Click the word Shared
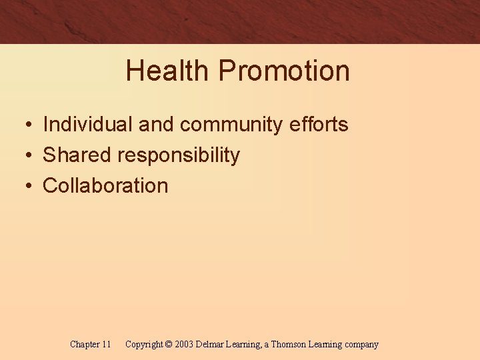coord(77,155)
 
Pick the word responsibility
coord(179,155)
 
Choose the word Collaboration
coord(105,185)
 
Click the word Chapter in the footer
coord(85,345)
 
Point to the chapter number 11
coord(106,345)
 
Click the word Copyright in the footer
coord(144,345)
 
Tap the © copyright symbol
coord(168,345)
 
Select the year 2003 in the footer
coord(184,345)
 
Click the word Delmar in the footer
coord(211,345)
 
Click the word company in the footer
coord(361,345)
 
